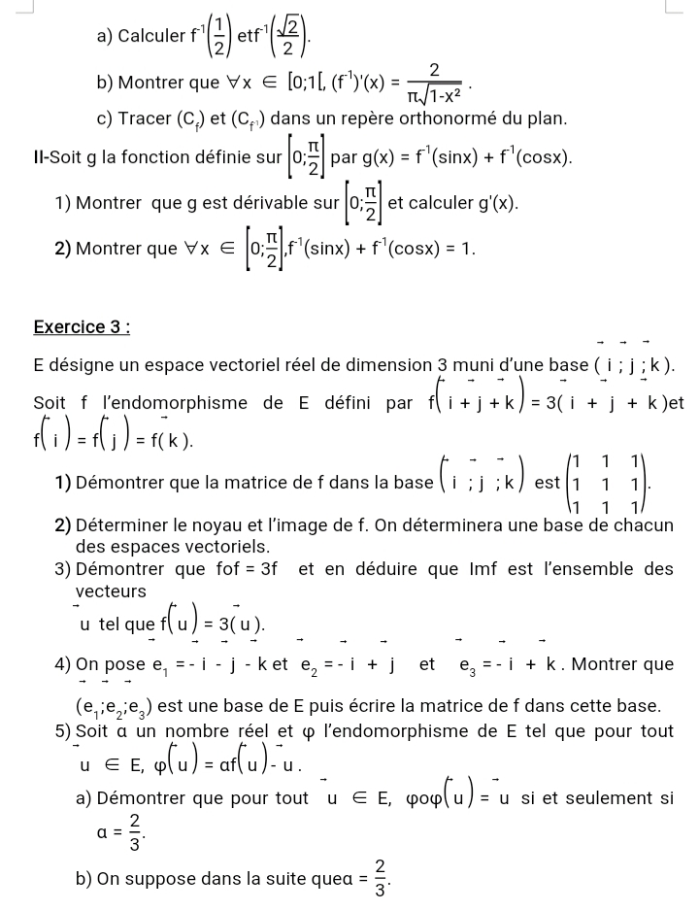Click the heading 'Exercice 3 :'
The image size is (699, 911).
[x=82, y=327]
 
